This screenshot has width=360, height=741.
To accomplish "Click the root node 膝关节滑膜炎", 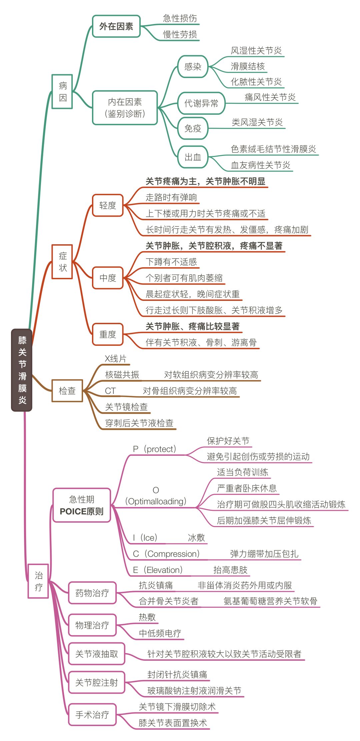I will pos(22,370).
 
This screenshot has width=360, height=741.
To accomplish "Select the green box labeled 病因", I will pos(62,92).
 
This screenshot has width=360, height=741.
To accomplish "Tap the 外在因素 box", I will pos(116,26).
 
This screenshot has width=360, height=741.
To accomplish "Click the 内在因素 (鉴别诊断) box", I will pos(125,108).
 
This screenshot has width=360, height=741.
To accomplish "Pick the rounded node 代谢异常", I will pos(201,103).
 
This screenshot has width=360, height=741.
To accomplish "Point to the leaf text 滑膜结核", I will pos(248,66).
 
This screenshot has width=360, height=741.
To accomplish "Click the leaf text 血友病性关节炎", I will pos(260,165).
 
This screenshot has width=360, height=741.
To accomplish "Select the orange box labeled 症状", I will pos(62,262).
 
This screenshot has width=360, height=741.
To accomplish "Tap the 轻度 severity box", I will pos(108,205).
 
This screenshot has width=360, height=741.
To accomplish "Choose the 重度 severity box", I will pos(108,334).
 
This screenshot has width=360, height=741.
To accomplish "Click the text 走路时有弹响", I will pos(171,197).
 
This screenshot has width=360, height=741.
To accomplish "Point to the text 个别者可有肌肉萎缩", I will pos(184,278).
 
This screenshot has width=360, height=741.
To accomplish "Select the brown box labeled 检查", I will pos(67,390).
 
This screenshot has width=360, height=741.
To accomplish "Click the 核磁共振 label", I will pos(122,374).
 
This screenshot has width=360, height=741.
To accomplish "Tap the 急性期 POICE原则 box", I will pos(82,505).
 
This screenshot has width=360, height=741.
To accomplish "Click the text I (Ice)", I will pos(145,537).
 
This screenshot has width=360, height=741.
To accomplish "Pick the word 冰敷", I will pos(196,537).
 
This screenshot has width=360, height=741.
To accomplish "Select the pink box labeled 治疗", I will pos(38,581).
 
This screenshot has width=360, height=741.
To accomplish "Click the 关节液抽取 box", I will pos(96,654).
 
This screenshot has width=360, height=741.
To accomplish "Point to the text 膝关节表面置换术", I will pos(173,723).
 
